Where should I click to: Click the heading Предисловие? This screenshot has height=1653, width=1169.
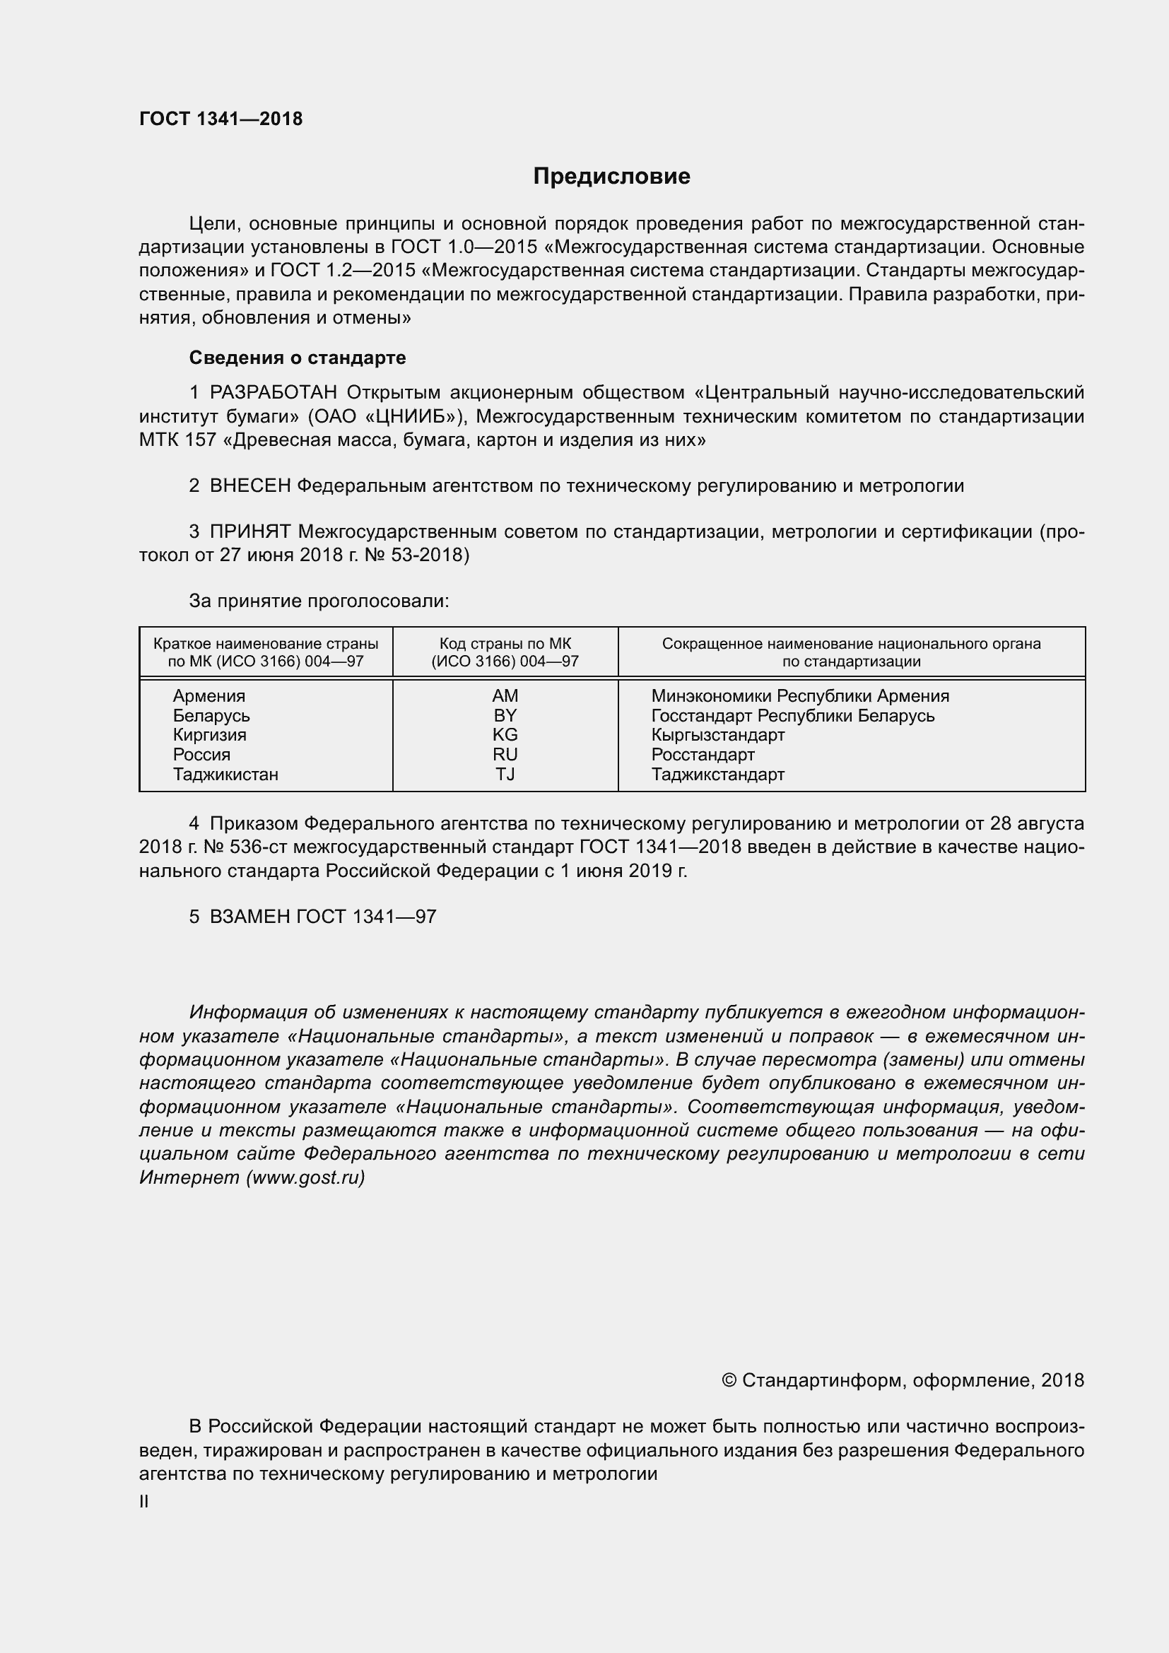point(611,177)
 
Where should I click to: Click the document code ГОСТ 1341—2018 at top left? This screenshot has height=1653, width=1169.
point(221,119)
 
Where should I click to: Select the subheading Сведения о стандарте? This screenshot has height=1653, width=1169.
point(298,358)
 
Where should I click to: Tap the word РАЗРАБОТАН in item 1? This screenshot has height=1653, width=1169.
point(274,392)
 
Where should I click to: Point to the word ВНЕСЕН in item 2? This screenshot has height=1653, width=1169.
point(250,486)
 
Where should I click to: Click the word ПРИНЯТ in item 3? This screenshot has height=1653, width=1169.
point(250,532)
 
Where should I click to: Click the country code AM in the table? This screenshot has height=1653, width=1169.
point(505,696)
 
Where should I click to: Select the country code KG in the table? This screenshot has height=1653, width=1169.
point(505,735)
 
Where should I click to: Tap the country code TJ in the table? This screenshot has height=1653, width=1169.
point(505,775)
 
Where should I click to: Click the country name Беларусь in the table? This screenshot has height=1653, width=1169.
point(211,716)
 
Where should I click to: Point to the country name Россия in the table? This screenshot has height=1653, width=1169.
point(201,755)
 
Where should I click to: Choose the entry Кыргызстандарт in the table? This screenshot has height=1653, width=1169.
point(717,735)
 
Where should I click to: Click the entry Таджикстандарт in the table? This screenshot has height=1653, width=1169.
point(717,775)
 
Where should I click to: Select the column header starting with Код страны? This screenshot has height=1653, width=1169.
point(505,652)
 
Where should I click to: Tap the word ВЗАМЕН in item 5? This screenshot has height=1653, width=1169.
point(249,917)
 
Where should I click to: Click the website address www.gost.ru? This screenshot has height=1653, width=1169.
point(305,1178)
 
